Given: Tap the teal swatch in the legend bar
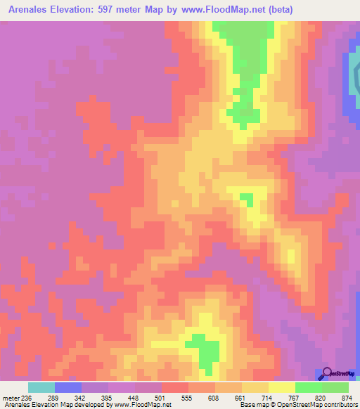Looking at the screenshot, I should tap(41, 387).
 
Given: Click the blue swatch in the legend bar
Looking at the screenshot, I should tap(68, 387).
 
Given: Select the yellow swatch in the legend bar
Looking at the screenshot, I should tap(282, 387).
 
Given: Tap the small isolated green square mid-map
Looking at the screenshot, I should tap(247, 200).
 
